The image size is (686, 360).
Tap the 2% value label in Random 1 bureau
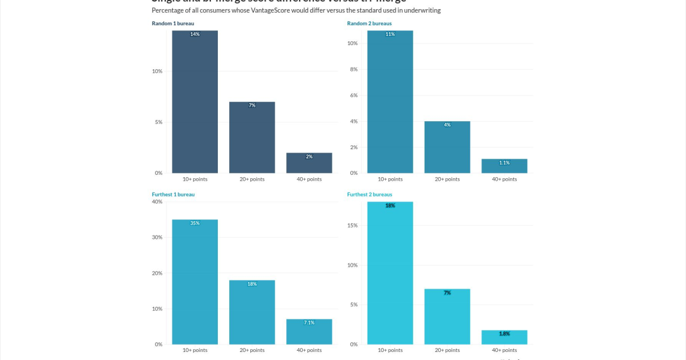(309, 157)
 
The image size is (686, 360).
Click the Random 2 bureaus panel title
(369, 23)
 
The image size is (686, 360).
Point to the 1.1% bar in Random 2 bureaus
(504, 166)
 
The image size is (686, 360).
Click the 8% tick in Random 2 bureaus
(354, 69)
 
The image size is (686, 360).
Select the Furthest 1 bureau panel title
(173, 194)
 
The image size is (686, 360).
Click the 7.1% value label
(309, 322)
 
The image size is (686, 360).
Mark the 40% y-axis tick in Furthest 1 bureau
(157, 202)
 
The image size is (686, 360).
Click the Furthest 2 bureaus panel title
(370, 194)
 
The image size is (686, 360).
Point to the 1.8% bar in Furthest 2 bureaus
(504, 337)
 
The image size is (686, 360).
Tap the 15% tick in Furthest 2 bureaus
(353, 226)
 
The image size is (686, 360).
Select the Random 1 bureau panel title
(173, 23)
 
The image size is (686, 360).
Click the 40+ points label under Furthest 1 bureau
(309, 350)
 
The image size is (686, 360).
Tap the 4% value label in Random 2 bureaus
(447, 125)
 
